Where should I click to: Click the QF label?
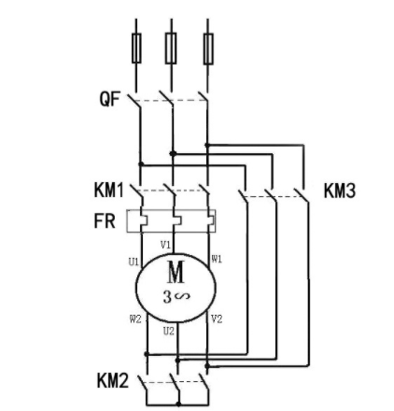(110, 97)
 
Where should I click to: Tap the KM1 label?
(109, 191)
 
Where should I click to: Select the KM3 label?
(340, 191)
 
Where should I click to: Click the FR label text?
(104, 222)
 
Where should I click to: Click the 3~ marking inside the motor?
(174, 298)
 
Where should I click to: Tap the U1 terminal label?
(133, 263)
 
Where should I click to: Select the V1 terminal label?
(165, 244)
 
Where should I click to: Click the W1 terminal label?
(216, 258)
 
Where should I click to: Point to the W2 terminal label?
(134, 319)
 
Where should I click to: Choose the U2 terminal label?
(168, 331)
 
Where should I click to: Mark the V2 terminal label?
(217, 319)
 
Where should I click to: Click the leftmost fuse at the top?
(138, 46)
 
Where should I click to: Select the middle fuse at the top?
(172, 46)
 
